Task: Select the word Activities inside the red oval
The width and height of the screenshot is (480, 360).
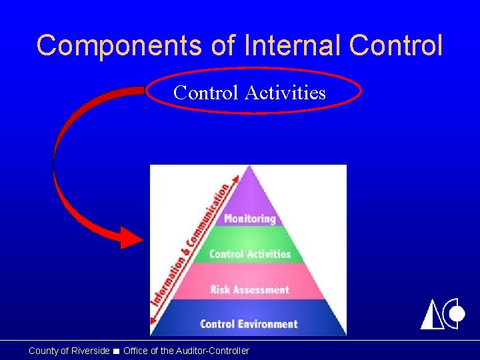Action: [285, 92]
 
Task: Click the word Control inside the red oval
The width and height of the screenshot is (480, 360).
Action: [205, 92]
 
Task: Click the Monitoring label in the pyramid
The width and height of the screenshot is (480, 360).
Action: [250, 219]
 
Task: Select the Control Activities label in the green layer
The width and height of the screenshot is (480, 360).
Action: [250, 254]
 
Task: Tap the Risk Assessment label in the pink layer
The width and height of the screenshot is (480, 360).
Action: [250, 289]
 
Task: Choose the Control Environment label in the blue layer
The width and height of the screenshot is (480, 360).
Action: [249, 324]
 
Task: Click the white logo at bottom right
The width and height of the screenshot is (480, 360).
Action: [442, 314]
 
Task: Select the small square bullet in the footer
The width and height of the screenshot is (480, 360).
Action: [117, 351]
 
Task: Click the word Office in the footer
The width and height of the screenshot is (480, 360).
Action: [135, 351]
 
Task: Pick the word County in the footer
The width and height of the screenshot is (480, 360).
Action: [43, 351]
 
